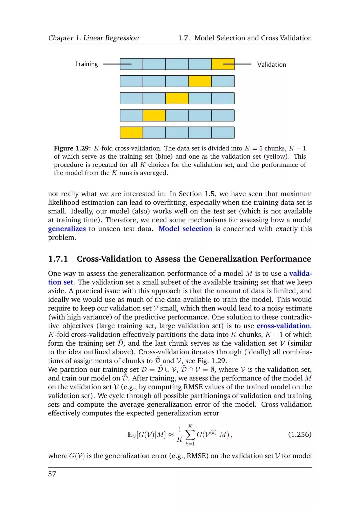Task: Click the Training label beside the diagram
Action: coord(86,64)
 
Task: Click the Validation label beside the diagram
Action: coord(271,64)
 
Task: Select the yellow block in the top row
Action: coord(223,64)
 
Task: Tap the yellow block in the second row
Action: coord(200,81)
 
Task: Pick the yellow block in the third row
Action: coord(177,98)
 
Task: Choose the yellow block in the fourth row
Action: coord(154,115)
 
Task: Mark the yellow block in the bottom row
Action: coord(131,132)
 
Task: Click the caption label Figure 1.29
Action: coord(72,148)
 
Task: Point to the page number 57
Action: coord(52,474)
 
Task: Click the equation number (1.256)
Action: coord(299,434)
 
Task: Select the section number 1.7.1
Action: coord(58,259)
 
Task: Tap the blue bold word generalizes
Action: coord(67,229)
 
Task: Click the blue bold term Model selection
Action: coord(185,229)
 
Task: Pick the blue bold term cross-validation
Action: coord(283,326)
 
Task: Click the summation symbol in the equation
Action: coord(190,435)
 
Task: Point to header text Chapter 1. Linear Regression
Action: coord(93,38)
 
